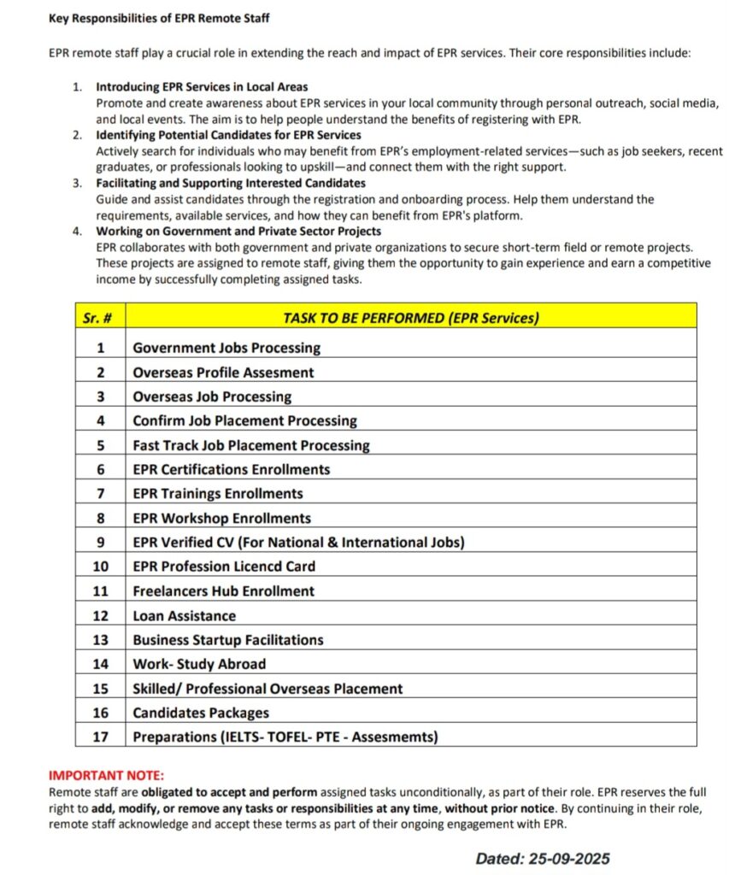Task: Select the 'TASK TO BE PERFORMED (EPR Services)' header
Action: (x=411, y=318)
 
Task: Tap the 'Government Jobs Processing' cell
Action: (x=226, y=348)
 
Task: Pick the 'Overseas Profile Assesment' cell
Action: (x=223, y=373)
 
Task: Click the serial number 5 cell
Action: (x=100, y=445)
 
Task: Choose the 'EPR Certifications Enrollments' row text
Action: (x=231, y=469)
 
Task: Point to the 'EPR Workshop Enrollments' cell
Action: (x=221, y=518)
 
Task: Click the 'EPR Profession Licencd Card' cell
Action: (x=223, y=566)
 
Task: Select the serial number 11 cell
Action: (x=100, y=590)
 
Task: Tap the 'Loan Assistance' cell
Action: (x=184, y=615)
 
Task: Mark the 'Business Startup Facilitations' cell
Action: (x=227, y=639)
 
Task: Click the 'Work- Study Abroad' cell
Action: (x=199, y=664)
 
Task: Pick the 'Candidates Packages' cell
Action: (x=201, y=713)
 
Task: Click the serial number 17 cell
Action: (x=100, y=737)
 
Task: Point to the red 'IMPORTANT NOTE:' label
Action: (x=106, y=775)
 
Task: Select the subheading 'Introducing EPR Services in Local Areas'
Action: (x=202, y=87)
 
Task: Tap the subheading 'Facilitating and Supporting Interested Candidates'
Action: (x=231, y=183)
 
